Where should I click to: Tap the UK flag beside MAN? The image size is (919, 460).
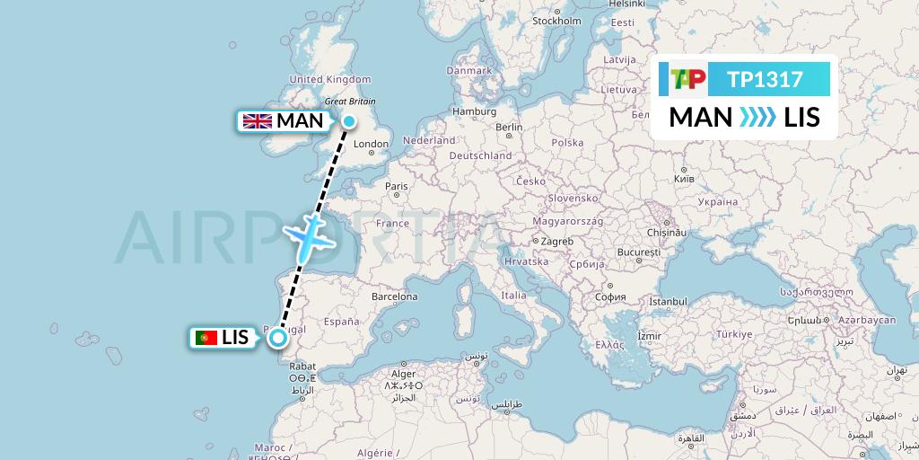coord(258,120)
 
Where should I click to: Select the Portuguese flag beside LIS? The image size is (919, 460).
coord(206,338)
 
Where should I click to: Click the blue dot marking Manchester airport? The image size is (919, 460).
coord(348,120)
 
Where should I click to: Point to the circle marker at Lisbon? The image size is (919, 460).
coord(278,338)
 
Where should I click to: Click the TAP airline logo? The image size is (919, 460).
coord(688,79)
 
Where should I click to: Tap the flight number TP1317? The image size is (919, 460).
coord(765,79)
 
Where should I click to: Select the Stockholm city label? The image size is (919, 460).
coord(556,21)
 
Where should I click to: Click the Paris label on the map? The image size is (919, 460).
coord(397,186)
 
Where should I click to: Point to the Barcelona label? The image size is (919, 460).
coord(394,296)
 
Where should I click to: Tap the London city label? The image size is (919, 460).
coord(371,144)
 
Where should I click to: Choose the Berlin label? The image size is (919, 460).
coord(508,128)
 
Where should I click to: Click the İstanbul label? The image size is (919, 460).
coord(668,301)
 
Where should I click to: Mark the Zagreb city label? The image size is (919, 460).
coord(556,241)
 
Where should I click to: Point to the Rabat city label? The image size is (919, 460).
coord(302,366)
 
